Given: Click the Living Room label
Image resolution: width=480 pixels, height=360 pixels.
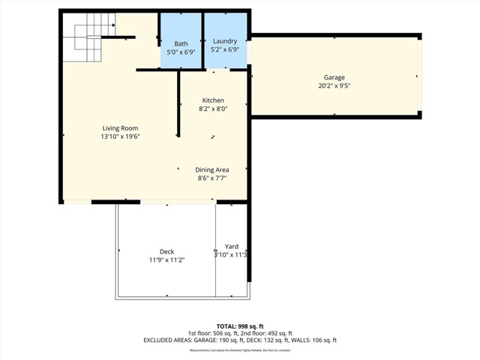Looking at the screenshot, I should pos(120,128).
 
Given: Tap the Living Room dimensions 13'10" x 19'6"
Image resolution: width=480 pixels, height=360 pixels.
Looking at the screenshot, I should pos(120,136).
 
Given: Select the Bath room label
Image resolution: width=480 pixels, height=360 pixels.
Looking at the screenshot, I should pos(181,44).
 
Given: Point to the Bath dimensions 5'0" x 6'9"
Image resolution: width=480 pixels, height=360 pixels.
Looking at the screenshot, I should pos(181,52).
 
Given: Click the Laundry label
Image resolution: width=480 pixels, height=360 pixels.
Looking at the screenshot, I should pos(225,41).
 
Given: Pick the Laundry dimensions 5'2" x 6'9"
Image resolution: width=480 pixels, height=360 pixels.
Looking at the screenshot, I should pos(225,49).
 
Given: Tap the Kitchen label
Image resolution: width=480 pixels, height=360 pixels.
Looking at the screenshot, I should pos(213,100).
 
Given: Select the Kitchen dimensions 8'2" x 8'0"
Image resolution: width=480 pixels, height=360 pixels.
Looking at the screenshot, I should pos(213,109).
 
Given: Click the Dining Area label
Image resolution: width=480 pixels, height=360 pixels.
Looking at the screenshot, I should pos(212,170).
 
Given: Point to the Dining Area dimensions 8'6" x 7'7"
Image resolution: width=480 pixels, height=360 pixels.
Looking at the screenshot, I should pos(212,178).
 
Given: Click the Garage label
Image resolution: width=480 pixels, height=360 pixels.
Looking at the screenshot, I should pos(334,77).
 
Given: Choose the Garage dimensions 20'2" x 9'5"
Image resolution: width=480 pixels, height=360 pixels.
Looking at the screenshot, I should pos(334,85).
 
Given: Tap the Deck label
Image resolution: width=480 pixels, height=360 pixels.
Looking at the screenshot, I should pos(166,251).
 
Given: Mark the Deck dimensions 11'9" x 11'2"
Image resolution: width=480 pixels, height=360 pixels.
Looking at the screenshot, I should pos(166,259).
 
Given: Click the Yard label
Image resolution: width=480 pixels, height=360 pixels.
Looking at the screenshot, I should pos(232,247).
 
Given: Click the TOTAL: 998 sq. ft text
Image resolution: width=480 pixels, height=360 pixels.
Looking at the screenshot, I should pos(240,326).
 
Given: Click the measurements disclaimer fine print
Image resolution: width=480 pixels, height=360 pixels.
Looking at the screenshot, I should pos(240,350).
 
